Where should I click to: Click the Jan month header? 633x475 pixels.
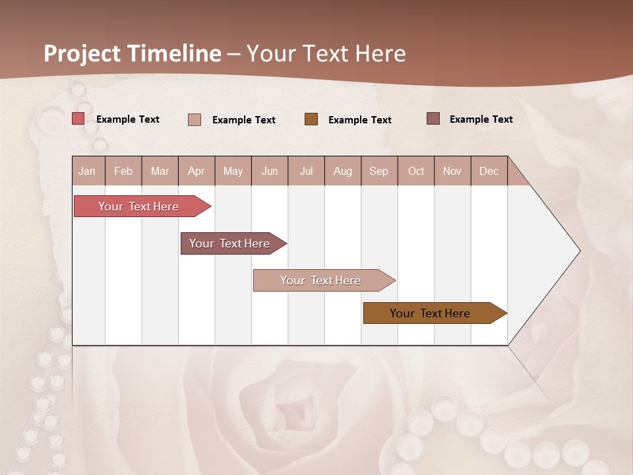pyautogui.click(x=88, y=171)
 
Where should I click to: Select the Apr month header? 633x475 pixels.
pyautogui.click(x=196, y=171)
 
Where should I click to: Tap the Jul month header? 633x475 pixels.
pyautogui.click(x=306, y=171)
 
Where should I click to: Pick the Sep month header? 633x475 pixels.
pyautogui.click(x=379, y=171)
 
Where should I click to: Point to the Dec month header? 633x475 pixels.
pyautogui.click(x=489, y=171)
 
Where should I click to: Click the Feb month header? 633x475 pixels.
pyautogui.click(x=123, y=171)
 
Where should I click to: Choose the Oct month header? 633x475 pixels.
pyautogui.click(x=416, y=171)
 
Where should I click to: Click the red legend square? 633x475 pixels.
pyautogui.click(x=78, y=119)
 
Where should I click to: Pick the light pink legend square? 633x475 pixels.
pyautogui.click(x=195, y=119)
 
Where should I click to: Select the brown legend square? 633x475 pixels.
pyautogui.click(x=311, y=119)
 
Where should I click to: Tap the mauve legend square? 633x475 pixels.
pyautogui.click(x=433, y=119)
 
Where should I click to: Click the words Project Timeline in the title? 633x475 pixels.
pyautogui.click(x=133, y=53)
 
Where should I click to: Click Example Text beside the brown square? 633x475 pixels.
pyautogui.click(x=359, y=119)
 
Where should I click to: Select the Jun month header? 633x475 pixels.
pyautogui.click(x=270, y=171)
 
